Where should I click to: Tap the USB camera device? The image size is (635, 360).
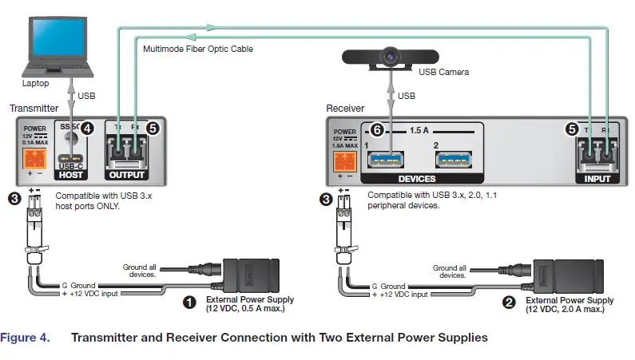[x=390, y=57]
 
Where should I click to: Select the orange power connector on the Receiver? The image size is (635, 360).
[x=345, y=160]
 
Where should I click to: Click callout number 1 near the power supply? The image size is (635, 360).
[x=190, y=302]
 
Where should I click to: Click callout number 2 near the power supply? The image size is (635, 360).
[x=507, y=302]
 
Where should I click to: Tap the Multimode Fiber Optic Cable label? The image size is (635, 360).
[x=197, y=49]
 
